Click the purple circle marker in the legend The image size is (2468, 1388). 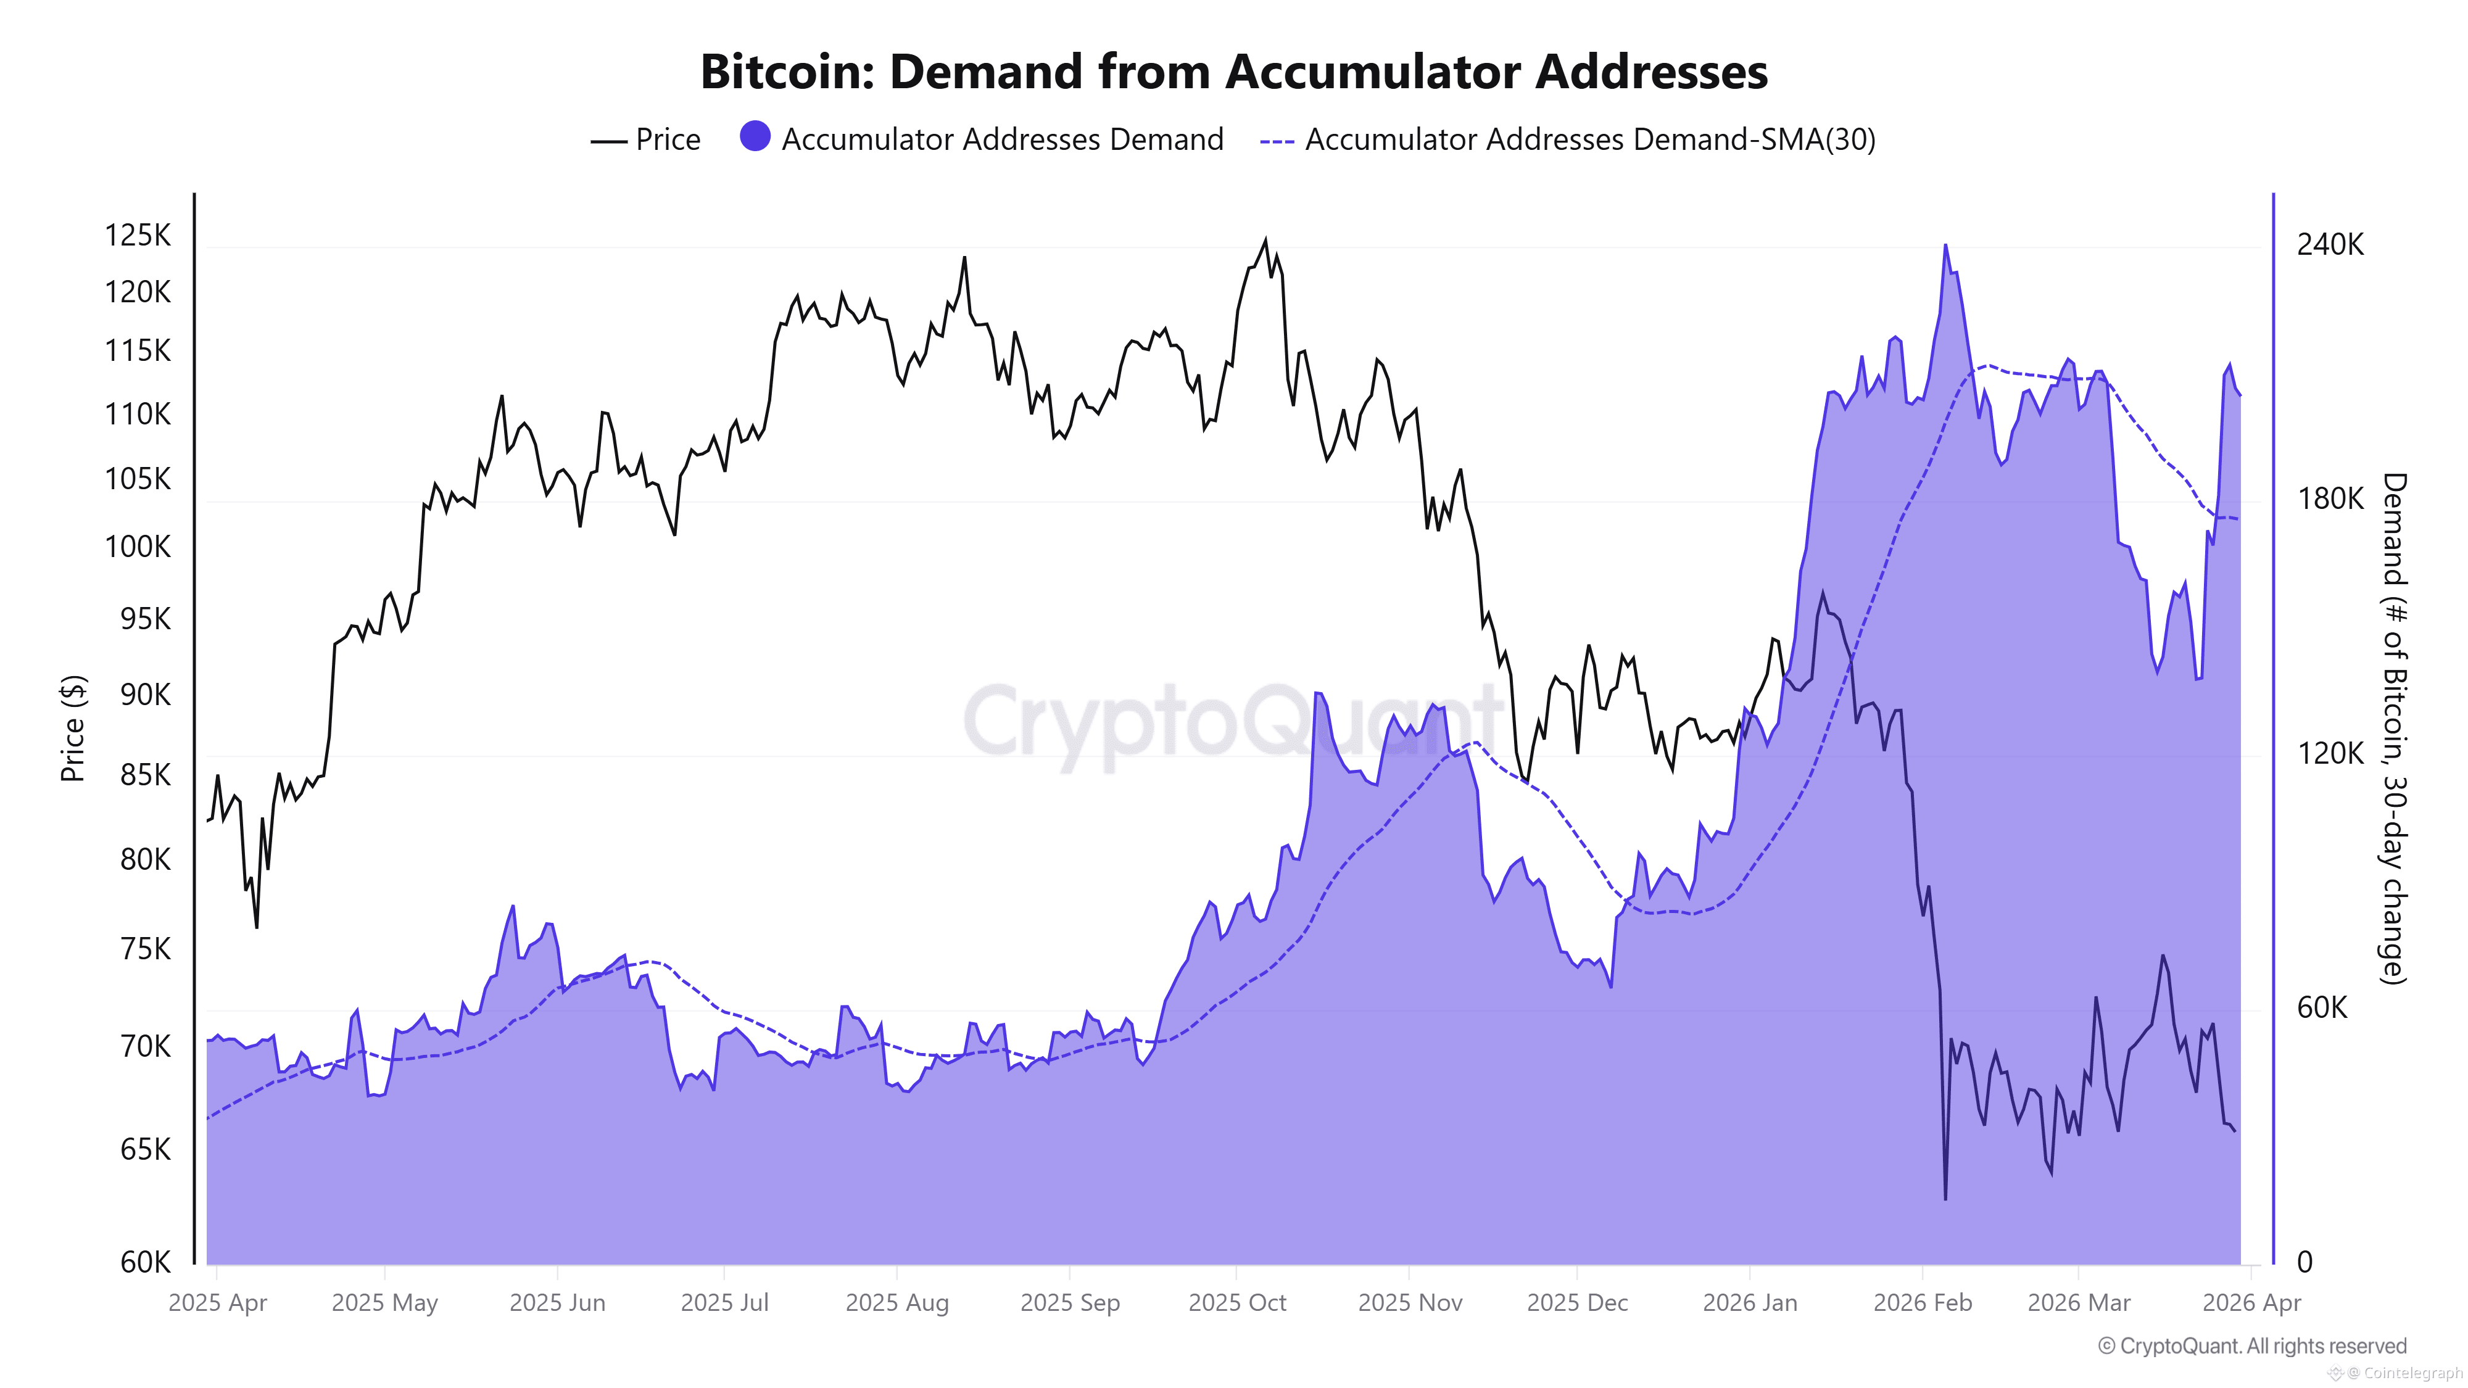pyautogui.click(x=755, y=137)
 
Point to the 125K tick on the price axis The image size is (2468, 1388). pyautogui.click(x=137, y=234)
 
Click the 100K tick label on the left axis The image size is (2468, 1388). pyautogui.click(x=137, y=547)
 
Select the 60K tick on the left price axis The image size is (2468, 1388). pyautogui.click(x=144, y=1262)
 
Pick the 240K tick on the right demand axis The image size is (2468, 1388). pyautogui.click(x=2329, y=246)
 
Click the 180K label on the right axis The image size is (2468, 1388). pyautogui.click(x=2329, y=499)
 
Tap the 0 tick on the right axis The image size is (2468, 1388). pyautogui.click(x=2304, y=1262)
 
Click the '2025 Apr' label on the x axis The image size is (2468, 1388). pyautogui.click(x=217, y=1303)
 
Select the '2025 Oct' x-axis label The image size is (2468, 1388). pyautogui.click(x=1237, y=1303)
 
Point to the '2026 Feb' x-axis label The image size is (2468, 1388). pyautogui.click(x=1922, y=1303)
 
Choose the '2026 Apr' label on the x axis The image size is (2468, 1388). pyautogui.click(x=2251, y=1303)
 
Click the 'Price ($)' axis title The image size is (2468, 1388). pyautogui.click(x=73, y=728)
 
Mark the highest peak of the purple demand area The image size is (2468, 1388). pyautogui.click(x=1945, y=246)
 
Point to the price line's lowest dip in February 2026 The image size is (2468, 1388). pyautogui.click(x=1945, y=1197)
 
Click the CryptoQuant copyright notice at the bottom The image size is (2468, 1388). pyautogui.click(x=2251, y=1346)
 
